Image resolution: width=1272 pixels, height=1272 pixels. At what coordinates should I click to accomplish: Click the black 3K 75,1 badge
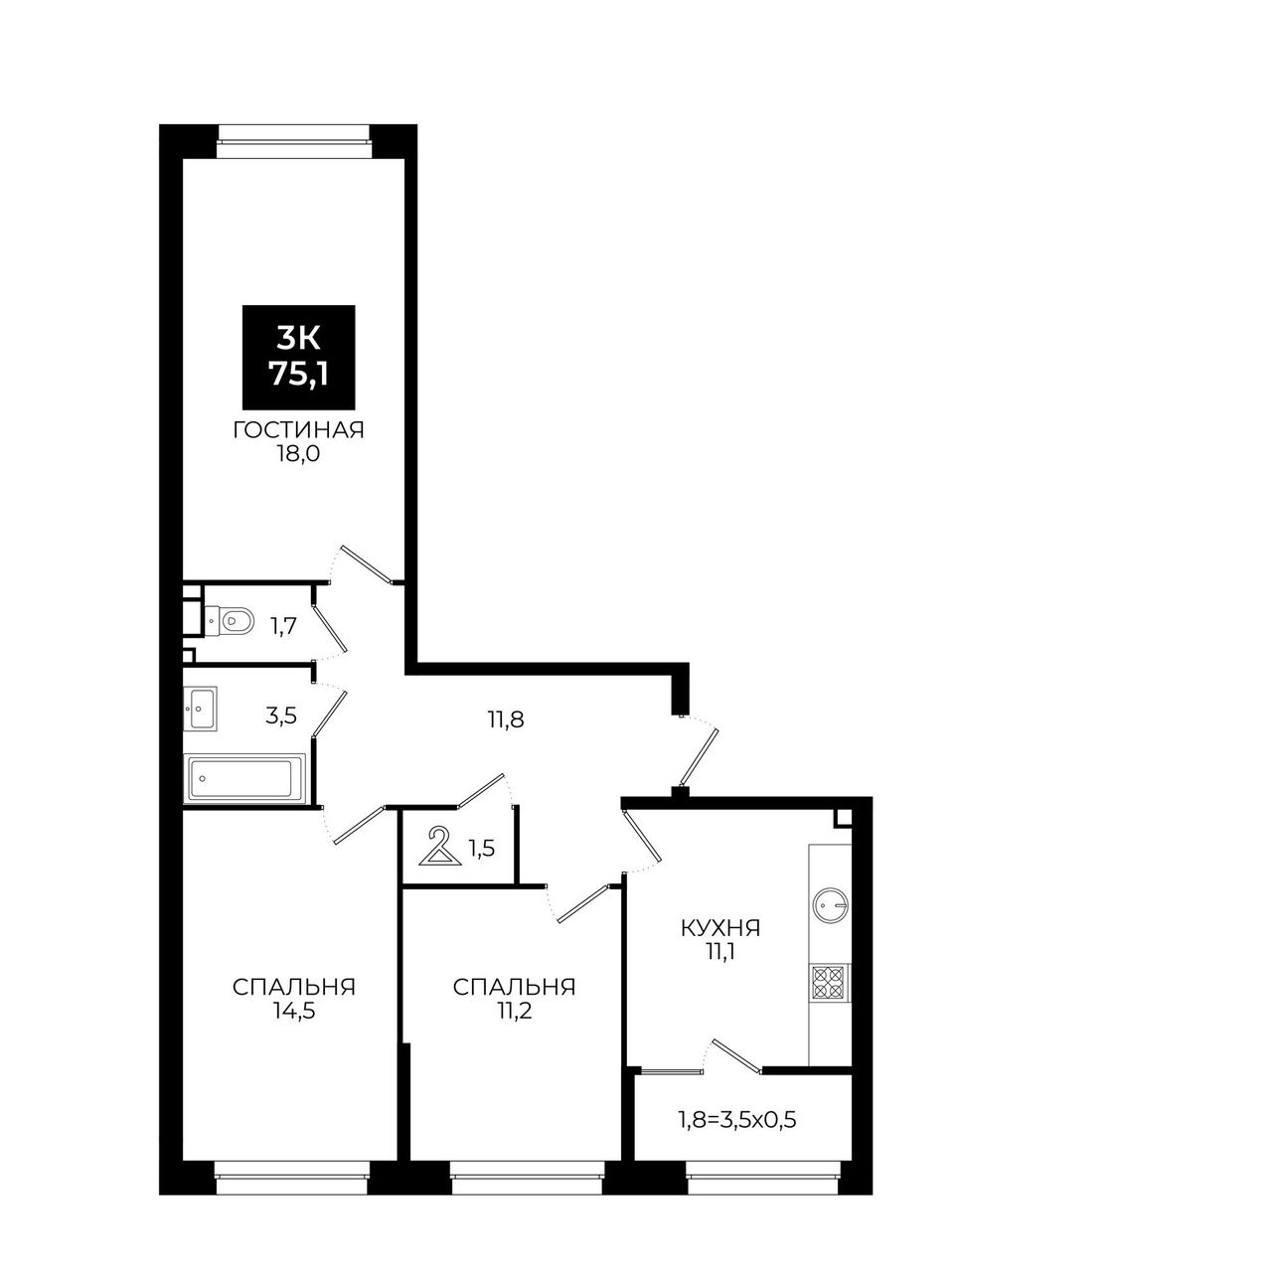298,357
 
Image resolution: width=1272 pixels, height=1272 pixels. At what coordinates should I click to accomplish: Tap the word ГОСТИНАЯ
298,430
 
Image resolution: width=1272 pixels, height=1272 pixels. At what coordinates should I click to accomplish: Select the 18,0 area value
298,454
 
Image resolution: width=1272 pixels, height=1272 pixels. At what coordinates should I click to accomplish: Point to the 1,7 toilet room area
282,625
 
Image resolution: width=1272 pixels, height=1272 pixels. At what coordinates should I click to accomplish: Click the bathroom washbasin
200,709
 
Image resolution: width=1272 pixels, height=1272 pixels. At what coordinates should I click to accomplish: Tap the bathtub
245,779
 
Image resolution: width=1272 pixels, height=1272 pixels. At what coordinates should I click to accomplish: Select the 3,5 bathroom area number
280,716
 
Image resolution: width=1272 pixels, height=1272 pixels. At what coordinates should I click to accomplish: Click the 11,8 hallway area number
506,718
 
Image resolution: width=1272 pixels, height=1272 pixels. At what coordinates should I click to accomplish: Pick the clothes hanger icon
438,846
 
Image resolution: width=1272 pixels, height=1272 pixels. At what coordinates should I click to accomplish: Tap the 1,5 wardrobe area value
481,848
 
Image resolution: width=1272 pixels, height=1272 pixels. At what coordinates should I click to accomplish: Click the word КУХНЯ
720,928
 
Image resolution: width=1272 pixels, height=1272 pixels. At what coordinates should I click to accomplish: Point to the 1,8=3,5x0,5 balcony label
736,1120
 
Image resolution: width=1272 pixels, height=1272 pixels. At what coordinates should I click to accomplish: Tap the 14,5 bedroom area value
294,1012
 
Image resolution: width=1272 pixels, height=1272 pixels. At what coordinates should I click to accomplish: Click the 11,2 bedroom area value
514,1012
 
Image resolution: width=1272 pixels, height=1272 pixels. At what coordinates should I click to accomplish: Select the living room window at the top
294,141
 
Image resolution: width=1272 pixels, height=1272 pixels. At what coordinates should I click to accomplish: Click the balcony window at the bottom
762,1195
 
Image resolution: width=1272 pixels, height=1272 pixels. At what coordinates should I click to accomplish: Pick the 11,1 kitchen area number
720,952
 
